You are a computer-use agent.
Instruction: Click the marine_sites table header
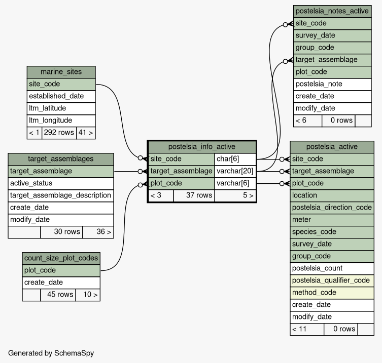tap(61, 72)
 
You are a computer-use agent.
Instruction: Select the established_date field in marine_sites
tap(61, 96)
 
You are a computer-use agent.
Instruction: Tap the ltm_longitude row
tap(61, 120)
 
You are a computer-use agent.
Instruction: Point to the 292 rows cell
tap(59, 133)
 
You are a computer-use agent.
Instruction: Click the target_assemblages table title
tap(61, 159)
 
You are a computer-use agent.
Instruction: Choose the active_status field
tap(61, 183)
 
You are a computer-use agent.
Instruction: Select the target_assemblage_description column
tap(61, 195)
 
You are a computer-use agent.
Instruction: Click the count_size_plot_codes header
tap(61, 258)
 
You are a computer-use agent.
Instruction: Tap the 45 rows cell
tap(58, 295)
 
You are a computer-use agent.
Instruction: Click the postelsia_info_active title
tap(202, 147)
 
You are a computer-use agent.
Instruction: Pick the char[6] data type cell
tap(235, 159)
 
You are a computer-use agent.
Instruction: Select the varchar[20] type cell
tap(235, 171)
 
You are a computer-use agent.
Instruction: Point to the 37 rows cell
tap(194, 195)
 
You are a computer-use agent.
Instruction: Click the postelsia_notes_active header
tap(332, 11)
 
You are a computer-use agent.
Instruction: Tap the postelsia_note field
tap(332, 84)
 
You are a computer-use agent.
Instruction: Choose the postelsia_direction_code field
tap(332, 208)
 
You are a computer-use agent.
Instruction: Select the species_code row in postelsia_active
tap(332, 232)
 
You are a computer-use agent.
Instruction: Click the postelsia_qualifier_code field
tap(332, 280)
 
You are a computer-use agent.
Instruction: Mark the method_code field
tap(332, 293)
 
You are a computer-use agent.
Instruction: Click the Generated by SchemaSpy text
tap(51, 353)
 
